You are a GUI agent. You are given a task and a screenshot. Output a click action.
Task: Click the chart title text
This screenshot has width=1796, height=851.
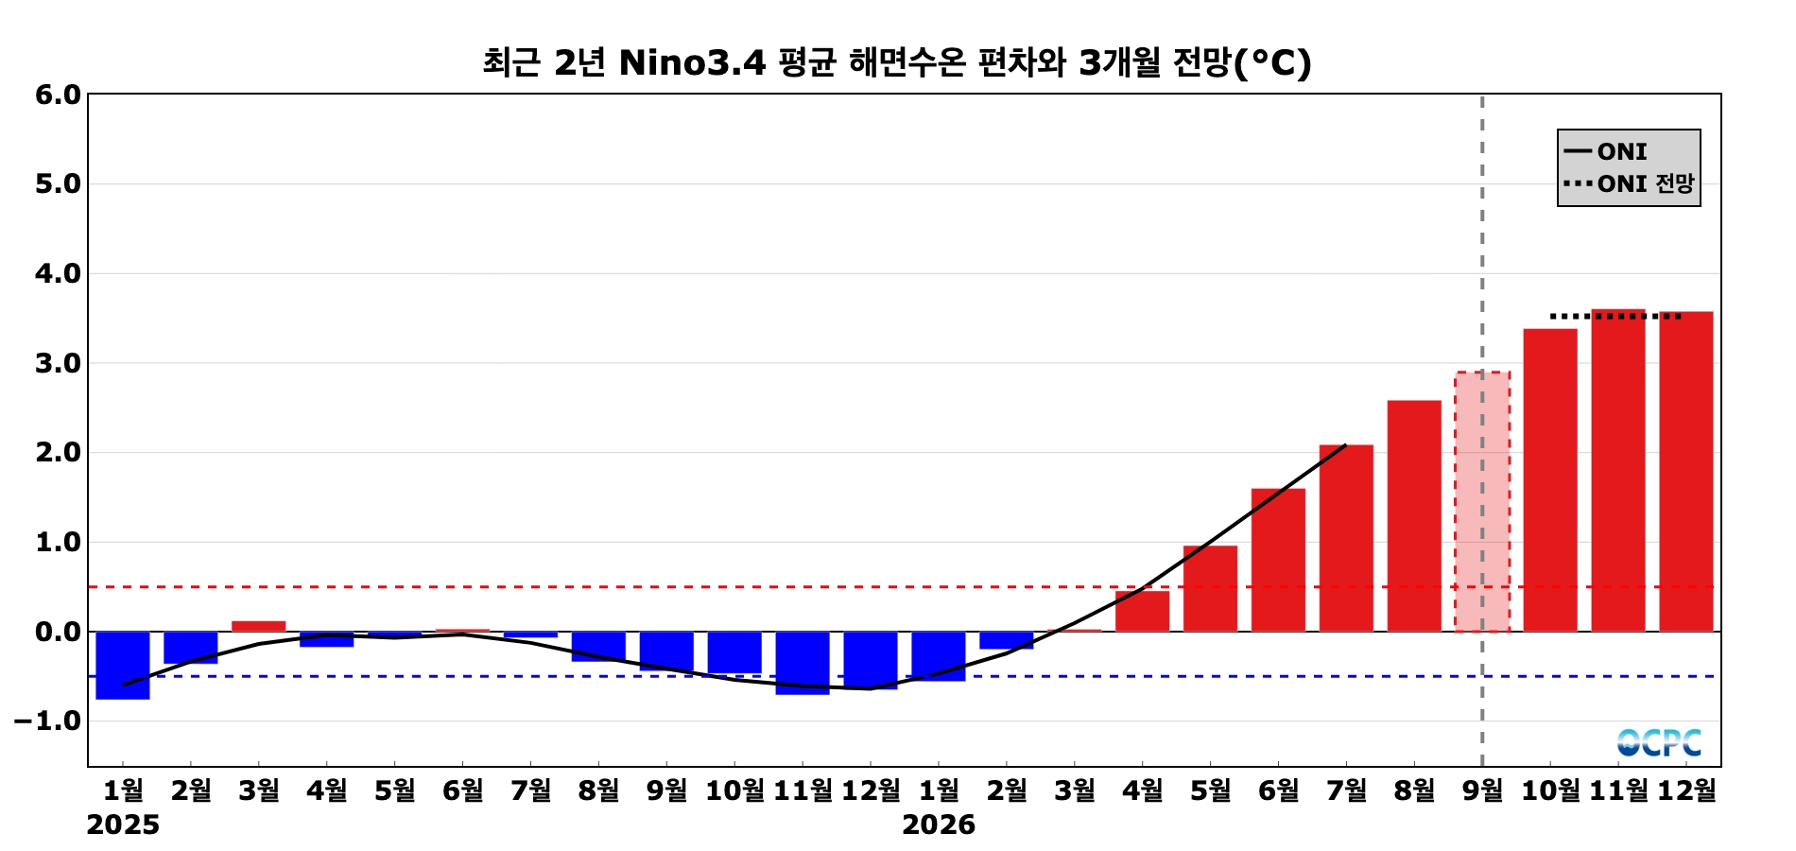coord(897,62)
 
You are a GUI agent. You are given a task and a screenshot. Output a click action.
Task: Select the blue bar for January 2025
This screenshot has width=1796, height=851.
coord(123,665)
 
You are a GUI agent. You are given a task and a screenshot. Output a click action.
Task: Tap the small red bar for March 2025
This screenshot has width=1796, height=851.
coord(259,626)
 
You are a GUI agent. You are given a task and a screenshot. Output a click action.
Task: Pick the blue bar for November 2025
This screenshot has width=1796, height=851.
coord(803,663)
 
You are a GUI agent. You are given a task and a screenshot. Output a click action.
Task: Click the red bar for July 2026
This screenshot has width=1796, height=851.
coord(1346,538)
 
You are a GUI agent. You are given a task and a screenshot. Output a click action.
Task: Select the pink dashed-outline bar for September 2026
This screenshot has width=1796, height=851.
coord(1482,501)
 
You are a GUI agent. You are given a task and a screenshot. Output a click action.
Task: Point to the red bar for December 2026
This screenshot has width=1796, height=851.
coord(1686,471)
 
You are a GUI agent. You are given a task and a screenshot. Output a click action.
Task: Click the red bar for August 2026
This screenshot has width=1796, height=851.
coord(1414,515)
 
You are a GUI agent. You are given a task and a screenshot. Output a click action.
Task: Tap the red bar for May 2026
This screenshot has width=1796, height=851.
coord(1210,588)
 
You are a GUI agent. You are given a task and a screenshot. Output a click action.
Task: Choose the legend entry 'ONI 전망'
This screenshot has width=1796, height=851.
coord(1629,183)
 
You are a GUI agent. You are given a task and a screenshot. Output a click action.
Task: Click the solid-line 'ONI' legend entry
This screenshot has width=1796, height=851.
coord(1606,151)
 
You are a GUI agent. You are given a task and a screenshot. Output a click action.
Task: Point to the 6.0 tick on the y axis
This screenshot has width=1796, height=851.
coord(58,95)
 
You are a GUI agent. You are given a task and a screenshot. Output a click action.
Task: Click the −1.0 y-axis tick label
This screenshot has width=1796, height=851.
coord(47,721)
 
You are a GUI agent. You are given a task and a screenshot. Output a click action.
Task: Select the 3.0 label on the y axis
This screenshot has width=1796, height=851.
coord(58,363)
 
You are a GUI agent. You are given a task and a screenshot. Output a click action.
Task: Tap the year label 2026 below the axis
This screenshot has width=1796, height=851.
coord(938,825)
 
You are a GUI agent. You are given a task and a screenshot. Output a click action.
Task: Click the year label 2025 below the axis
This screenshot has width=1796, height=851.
coord(123,825)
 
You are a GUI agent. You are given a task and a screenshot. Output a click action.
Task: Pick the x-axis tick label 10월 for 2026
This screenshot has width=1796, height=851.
coord(1550,790)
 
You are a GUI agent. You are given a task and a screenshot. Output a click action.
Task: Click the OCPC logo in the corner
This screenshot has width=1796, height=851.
coord(1659,742)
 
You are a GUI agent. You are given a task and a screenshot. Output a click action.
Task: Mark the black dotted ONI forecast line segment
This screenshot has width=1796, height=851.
coord(1616,316)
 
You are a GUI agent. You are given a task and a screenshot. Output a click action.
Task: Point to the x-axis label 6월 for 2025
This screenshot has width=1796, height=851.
coord(462,790)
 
